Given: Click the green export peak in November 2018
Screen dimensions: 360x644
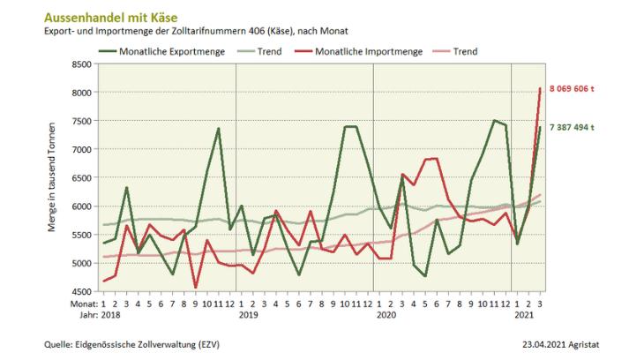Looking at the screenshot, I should tap(218, 129).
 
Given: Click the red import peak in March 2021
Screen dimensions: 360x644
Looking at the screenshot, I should tap(540, 88).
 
